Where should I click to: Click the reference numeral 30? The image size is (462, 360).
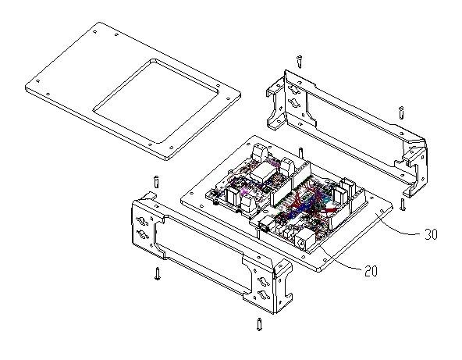(431, 234)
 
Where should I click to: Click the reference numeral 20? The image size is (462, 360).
(371, 271)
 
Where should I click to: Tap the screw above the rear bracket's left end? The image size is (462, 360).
(300, 62)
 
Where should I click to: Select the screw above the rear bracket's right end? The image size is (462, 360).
(401, 112)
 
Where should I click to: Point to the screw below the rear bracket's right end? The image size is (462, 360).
(403, 205)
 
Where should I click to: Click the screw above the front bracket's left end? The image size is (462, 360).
(156, 182)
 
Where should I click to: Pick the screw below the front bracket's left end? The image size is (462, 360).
(158, 273)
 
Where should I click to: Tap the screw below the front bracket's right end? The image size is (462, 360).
(259, 324)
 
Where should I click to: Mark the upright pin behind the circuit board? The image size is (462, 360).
(300, 154)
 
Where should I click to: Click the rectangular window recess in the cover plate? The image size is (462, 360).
(156, 102)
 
